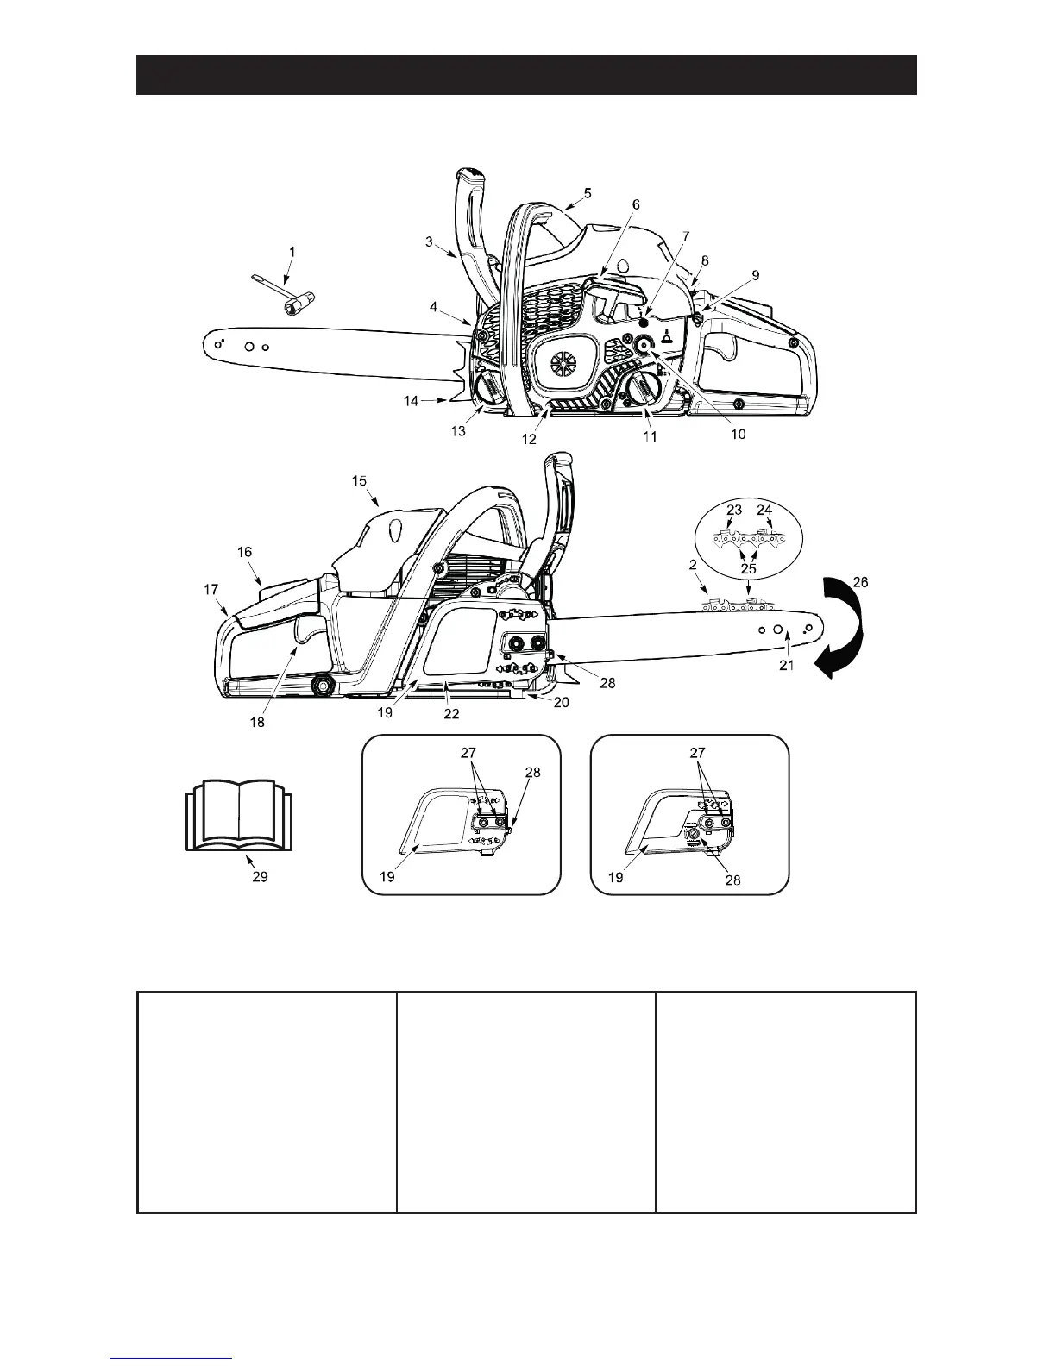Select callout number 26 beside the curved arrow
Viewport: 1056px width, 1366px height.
pos(860,582)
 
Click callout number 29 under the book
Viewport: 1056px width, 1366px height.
pos(260,876)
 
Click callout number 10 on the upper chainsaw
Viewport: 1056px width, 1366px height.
pos(739,435)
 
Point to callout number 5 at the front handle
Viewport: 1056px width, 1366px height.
pos(588,193)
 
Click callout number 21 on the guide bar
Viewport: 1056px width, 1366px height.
pos(788,665)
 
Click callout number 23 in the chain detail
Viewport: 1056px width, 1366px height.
pos(733,510)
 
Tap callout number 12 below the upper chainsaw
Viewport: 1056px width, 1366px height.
pos(529,438)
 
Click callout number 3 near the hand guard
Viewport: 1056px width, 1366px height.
pos(429,242)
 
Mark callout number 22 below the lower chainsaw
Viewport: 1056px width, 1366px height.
pos(451,714)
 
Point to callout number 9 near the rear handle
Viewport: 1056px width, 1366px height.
pos(756,275)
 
